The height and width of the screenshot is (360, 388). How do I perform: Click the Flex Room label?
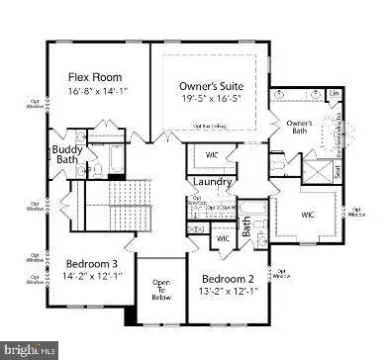click(95, 76)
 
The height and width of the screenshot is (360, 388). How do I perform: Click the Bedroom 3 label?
click(92, 264)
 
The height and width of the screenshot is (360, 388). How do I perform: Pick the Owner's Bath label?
click(300, 129)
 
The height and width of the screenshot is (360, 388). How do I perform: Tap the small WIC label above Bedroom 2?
click(223, 238)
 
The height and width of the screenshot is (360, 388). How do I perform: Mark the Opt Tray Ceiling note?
click(210, 126)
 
